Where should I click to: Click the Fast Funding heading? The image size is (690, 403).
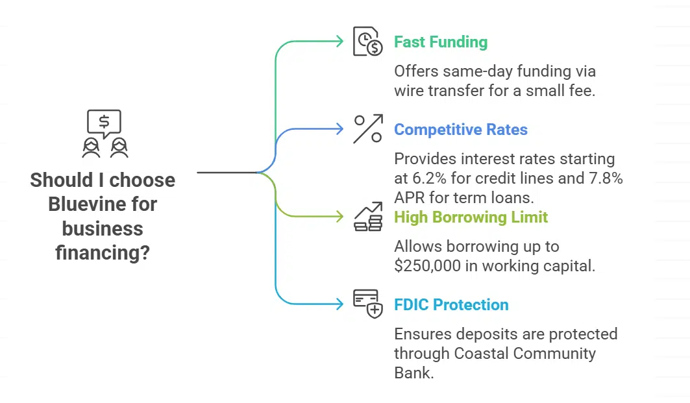click(441, 42)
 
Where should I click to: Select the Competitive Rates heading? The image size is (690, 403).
click(461, 130)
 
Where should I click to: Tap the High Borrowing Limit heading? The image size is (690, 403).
click(471, 217)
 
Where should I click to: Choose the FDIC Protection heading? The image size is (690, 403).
click(451, 304)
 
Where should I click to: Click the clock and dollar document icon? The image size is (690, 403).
click(367, 42)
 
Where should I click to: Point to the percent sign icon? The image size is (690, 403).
click(367, 128)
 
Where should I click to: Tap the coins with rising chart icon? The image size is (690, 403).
click(367, 217)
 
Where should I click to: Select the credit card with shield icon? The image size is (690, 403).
click(367, 304)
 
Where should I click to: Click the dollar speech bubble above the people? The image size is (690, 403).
click(104, 121)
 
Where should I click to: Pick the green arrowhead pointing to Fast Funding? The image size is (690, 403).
click(339, 42)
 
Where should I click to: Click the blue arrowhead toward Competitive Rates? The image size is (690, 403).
click(339, 129)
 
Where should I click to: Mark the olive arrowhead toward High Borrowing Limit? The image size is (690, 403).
click(339, 217)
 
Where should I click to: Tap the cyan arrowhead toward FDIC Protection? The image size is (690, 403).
click(339, 304)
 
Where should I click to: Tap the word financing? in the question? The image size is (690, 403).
click(103, 252)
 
